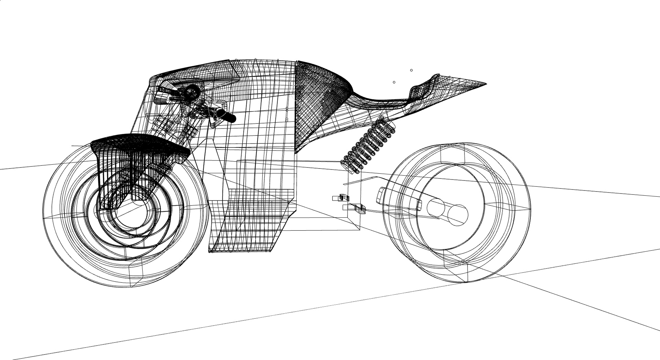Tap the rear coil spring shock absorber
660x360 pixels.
(368, 146)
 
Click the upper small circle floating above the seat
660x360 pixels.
(411, 70)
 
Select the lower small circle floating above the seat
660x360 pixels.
(394, 82)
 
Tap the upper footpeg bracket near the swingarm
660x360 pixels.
(340, 197)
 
